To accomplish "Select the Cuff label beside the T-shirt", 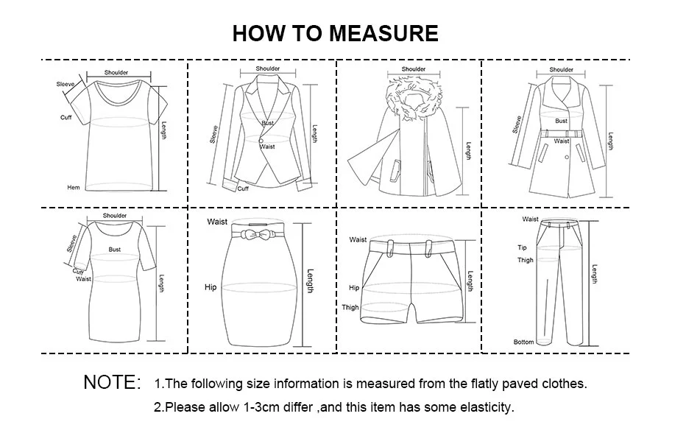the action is [x=66, y=118].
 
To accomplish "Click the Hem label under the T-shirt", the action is [x=74, y=188].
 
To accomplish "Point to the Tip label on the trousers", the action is [x=522, y=248].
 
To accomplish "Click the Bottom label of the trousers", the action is [x=523, y=342].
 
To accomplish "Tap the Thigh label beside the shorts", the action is [x=350, y=308].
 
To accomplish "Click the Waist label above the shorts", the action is [x=358, y=239].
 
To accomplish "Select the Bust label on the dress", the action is [x=115, y=250].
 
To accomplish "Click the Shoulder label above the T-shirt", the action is [x=116, y=72].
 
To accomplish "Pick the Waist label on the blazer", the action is [x=267, y=147].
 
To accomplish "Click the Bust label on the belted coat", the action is [x=561, y=121].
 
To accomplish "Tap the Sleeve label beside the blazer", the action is [x=214, y=135].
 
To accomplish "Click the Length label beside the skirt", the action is [x=310, y=281].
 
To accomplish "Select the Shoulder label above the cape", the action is [x=413, y=69].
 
